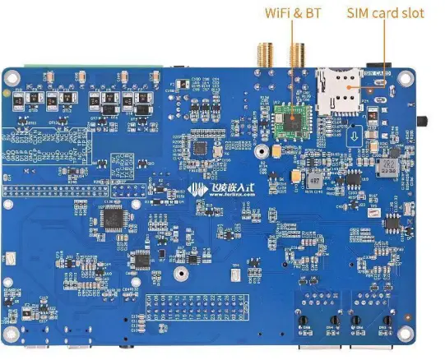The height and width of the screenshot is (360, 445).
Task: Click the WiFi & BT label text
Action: (x=292, y=13)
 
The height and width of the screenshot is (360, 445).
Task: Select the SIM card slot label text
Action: (x=386, y=13)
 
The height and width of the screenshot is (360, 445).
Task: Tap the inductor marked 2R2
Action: (x=313, y=180)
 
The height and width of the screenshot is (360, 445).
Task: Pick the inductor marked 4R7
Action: (x=383, y=168)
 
